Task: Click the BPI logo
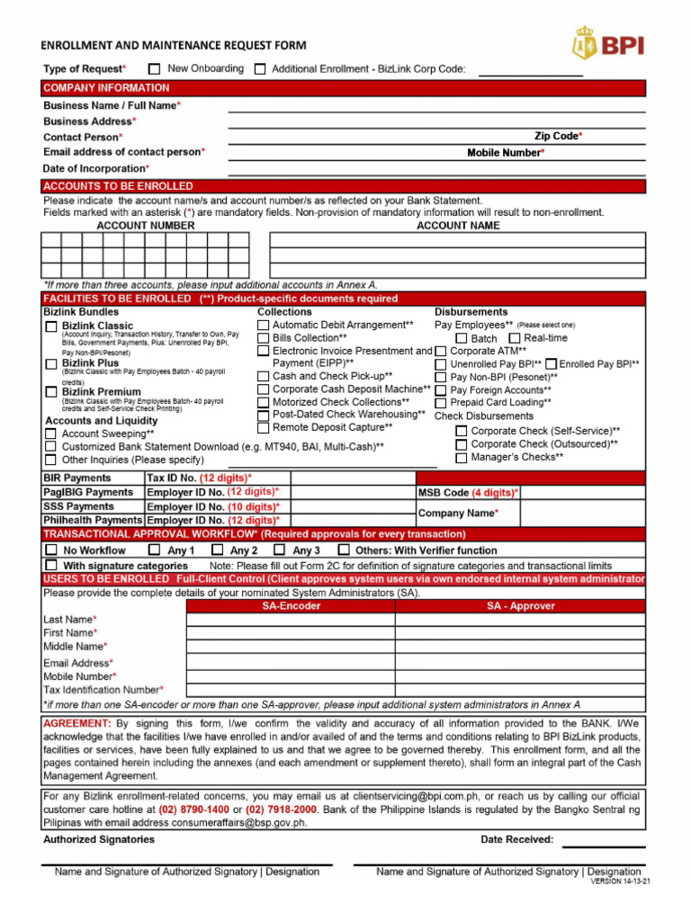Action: coord(608,43)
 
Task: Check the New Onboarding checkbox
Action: coord(155,68)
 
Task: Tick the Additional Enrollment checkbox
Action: coord(260,68)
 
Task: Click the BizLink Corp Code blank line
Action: coord(530,72)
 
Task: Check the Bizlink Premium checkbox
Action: coord(51,392)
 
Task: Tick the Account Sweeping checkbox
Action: coord(51,434)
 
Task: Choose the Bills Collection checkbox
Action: coord(263,337)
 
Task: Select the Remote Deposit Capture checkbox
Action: coord(263,428)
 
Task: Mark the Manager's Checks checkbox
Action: coord(461,458)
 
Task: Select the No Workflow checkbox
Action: coord(51,550)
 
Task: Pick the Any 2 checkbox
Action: coord(216,550)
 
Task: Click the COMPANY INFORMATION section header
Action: coord(106,88)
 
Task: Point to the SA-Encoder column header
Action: coord(291,606)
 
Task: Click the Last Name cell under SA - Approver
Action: coord(520,620)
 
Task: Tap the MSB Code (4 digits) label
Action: coord(468,493)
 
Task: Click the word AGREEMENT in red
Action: coord(76,724)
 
